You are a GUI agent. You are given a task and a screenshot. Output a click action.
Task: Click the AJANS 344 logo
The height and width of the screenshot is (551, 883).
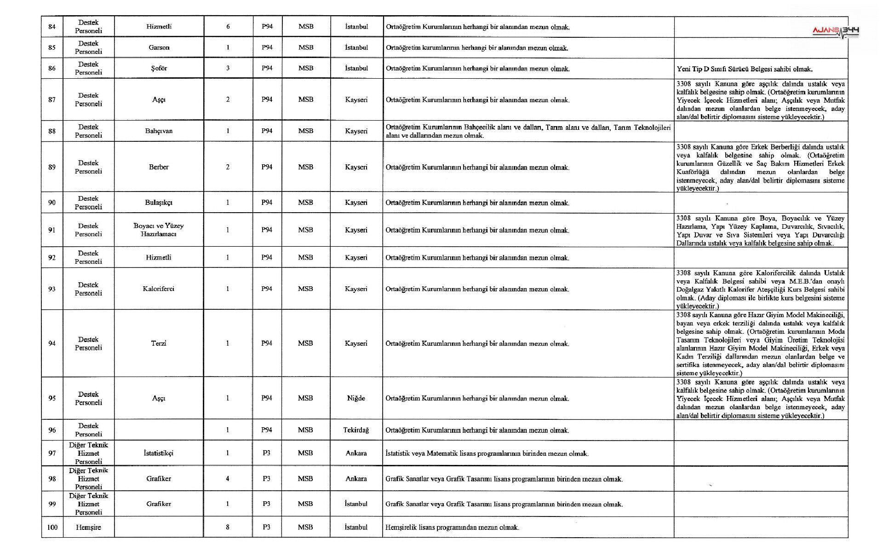(836, 31)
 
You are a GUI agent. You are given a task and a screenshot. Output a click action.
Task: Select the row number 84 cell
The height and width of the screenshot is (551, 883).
(52, 27)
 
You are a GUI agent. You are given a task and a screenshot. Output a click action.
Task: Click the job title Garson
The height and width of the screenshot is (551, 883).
(159, 47)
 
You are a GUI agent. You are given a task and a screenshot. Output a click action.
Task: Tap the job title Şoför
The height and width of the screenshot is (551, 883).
(159, 68)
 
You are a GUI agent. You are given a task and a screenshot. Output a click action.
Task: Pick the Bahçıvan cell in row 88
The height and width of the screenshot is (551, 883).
(159, 131)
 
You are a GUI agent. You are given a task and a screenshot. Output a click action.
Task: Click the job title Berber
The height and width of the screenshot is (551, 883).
(159, 167)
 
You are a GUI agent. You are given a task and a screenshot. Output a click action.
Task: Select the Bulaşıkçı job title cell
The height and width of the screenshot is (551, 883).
(159, 203)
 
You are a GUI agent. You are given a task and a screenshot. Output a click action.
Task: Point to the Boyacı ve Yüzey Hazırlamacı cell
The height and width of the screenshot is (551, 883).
(159, 230)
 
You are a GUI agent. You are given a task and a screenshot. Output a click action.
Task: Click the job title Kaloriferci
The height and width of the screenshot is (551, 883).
(159, 289)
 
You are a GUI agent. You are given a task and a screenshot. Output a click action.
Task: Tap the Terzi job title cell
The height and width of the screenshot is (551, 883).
(159, 343)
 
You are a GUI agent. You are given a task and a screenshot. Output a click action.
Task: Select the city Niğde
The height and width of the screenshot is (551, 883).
(356, 398)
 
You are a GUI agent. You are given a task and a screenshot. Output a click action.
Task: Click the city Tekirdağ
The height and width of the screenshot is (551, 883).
(356, 430)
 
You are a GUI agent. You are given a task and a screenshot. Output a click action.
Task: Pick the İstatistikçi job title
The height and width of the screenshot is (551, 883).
(159, 453)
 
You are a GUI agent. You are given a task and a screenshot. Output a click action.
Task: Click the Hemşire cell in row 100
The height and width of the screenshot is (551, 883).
(88, 527)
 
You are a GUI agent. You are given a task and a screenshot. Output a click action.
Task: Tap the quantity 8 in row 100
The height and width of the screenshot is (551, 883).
(228, 527)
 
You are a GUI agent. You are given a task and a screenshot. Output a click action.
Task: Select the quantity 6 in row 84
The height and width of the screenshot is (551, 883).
(228, 27)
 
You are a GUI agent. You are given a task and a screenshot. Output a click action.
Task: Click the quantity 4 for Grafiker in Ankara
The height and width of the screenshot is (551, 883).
(228, 479)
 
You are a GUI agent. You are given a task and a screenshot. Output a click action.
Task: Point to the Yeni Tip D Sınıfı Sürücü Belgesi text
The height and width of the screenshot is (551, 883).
(745, 69)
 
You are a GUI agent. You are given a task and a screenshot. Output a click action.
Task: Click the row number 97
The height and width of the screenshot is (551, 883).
(52, 453)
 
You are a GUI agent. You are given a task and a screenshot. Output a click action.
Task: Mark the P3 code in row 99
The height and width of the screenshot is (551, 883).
(267, 504)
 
